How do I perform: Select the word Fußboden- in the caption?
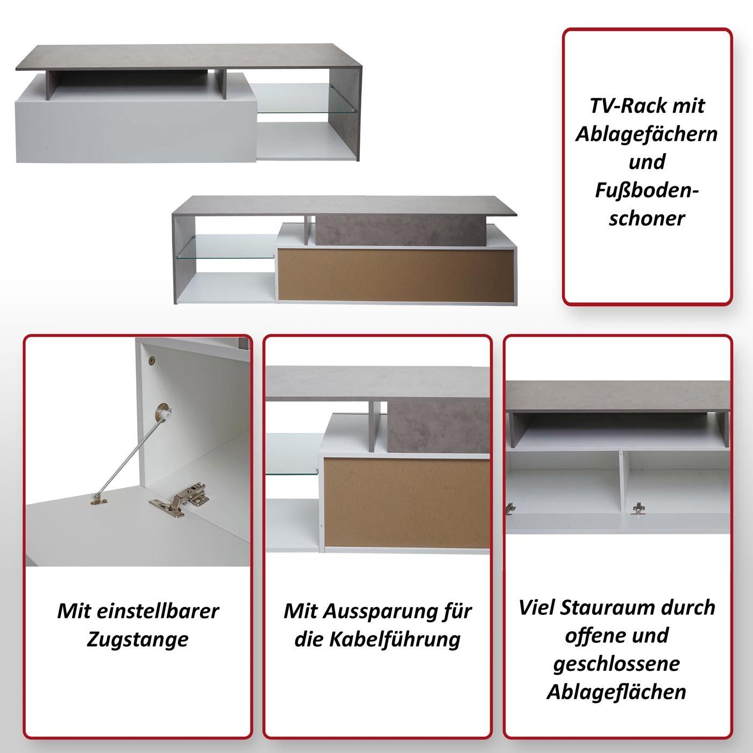[647, 191]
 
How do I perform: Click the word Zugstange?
[138, 640]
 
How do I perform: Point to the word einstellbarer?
[158, 611]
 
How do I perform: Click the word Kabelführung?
[395, 640]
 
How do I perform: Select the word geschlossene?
[616, 665]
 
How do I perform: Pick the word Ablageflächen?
[616, 692]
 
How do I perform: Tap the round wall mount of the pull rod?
[163, 412]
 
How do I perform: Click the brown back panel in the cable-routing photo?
[406, 503]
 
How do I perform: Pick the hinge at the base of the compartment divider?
[637, 508]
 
